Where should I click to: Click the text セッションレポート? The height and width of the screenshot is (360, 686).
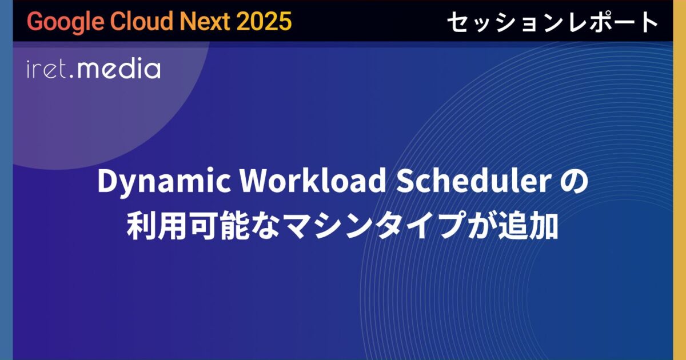[552, 22]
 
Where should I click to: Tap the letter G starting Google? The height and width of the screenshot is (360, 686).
[34, 21]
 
